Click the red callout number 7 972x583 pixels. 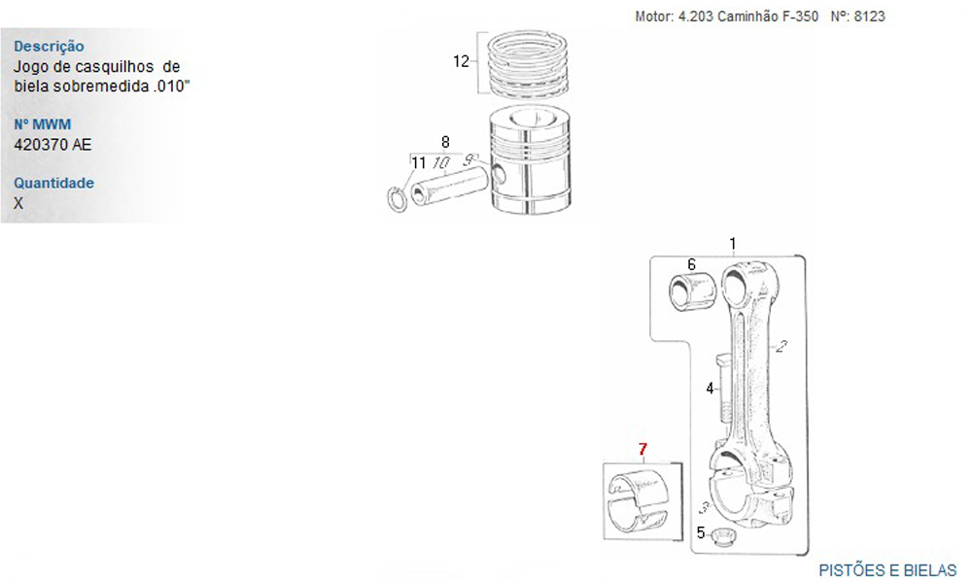(642, 449)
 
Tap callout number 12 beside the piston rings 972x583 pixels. (461, 61)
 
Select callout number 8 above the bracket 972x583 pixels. (445, 142)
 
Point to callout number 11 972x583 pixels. (418, 163)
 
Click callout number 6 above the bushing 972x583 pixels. (692, 264)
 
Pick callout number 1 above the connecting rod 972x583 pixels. (733, 244)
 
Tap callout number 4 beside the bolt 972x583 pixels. (710, 389)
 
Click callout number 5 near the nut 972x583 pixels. (701, 532)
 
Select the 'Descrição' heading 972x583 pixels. (49, 46)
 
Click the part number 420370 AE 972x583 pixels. (52, 145)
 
